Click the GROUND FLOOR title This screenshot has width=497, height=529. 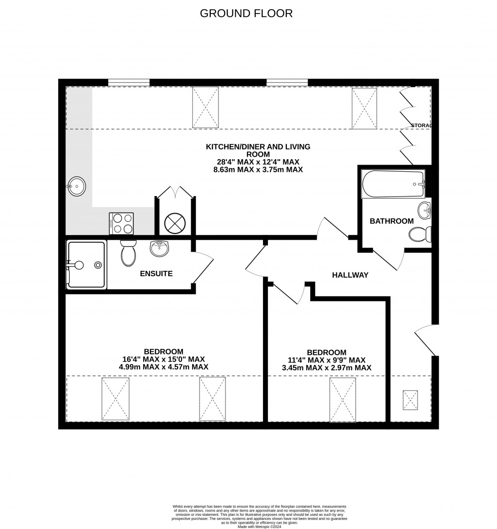click(x=246, y=13)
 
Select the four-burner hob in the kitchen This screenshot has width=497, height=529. click(x=121, y=224)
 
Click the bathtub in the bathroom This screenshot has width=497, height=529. click(x=393, y=184)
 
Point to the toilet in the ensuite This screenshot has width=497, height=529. click(x=128, y=252)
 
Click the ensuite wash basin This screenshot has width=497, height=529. click(x=160, y=248)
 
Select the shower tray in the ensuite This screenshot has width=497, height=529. click(x=86, y=264)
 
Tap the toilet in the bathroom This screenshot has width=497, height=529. click(x=420, y=235)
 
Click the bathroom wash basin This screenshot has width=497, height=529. click(x=424, y=210)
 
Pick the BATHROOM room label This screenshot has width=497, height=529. click(x=392, y=221)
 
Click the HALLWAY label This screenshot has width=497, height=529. click(x=350, y=275)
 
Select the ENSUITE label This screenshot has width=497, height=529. click(x=156, y=274)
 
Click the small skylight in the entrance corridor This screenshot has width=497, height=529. click(x=411, y=400)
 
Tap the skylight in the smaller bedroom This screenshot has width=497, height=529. click(x=342, y=399)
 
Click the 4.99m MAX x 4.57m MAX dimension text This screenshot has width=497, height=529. click(x=164, y=367)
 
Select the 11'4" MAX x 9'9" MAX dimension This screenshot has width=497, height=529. click(x=326, y=360)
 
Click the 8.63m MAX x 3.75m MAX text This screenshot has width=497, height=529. click(x=258, y=170)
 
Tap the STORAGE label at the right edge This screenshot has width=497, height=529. click(x=421, y=126)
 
